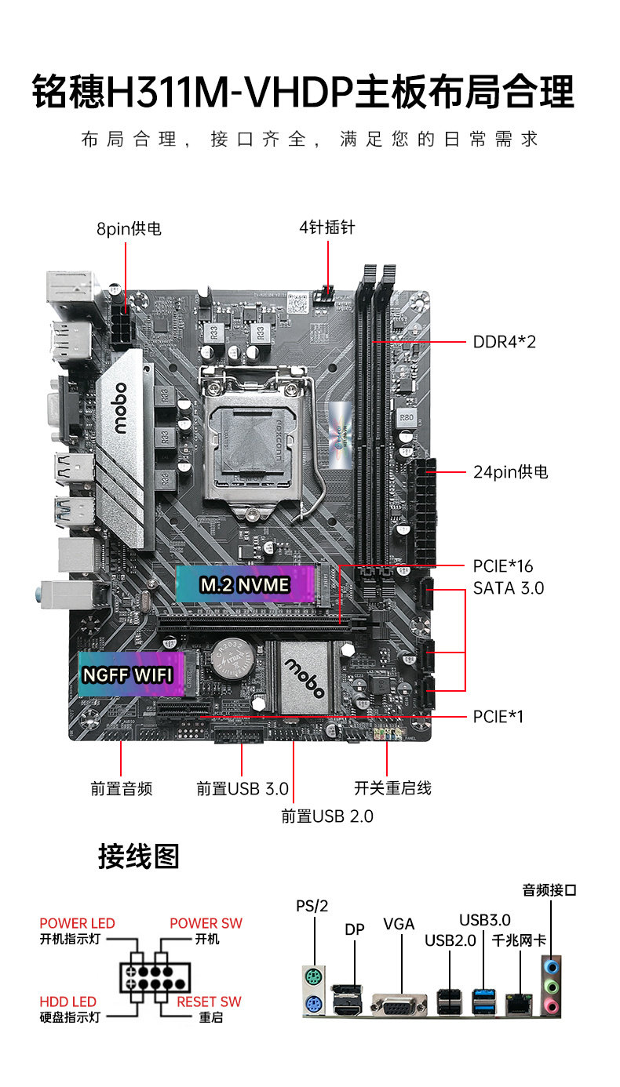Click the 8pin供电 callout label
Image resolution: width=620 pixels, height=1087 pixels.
pyautogui.click(x=129, y=229)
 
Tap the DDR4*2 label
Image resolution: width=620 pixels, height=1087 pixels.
pyautogui.click(x=504, y=342)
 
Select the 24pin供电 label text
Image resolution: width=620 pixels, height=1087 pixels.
pyautogui.click(x=510, y=472)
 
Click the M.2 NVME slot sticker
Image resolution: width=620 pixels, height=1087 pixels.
pyautogui.click(x=245, y=584)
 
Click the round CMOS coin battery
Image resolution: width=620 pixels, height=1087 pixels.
pyautogui.click(x=233, y=662)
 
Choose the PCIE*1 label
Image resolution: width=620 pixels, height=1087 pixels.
pyautogui.click(x=498, y=717)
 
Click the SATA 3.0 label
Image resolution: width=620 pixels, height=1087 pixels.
pyautogui.click(x=508, y=588)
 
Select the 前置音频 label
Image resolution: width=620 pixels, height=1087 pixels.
pyautogui.click(x=121, y=789)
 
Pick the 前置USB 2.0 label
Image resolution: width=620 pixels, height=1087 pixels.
pyautogui.click(x=327, y=816)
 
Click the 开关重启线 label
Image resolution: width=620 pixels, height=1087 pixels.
pyautogui.click(x=392, y=788)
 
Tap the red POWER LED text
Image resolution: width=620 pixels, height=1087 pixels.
pyautogui.click(x=77, y=924)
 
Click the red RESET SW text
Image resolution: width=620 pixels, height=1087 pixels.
pyautogui.click(x=209, y=1002)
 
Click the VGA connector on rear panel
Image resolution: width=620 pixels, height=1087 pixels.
pyautogui.click(x=400, y=1004)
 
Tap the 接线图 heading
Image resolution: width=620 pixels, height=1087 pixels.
pyautogui.click(x=138, y=856)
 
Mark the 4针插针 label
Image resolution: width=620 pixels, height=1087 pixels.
pyautogui.click(x=326, y=227)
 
